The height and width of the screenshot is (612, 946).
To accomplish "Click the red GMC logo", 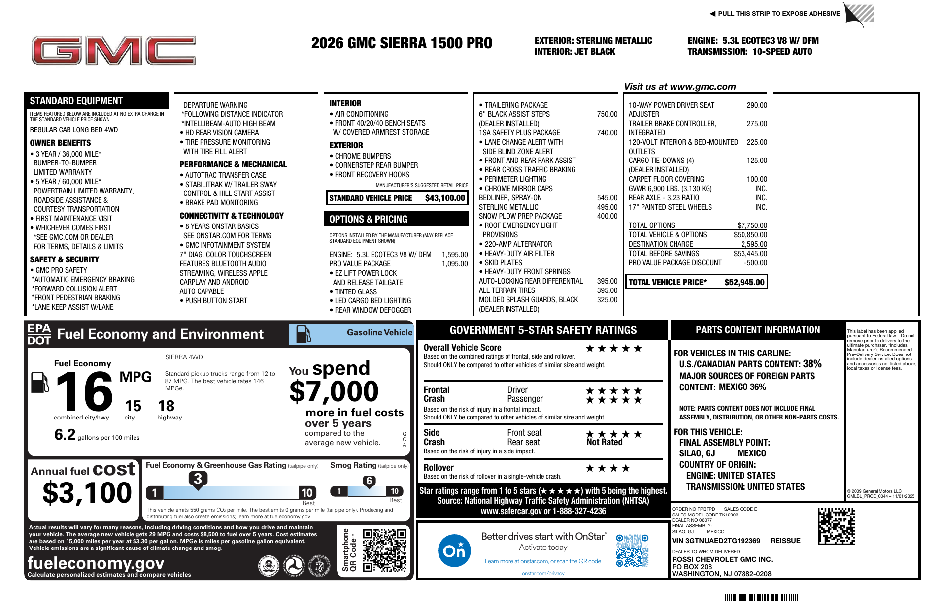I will coord(114,51).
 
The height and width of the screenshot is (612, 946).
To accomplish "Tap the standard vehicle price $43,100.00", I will coord(445,198).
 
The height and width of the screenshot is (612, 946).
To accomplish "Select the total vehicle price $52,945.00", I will coord(744,282).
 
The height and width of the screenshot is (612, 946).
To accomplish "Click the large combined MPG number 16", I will coord(85,391).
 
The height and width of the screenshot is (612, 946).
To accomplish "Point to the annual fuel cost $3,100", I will coord(87,493).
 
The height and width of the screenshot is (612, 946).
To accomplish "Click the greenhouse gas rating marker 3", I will coord(198,479).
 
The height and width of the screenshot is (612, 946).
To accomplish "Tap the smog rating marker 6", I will coord(369,481).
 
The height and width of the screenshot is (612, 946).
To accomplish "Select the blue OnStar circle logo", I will coord(454,550).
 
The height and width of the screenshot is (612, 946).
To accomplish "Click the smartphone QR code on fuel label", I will coord(384,550).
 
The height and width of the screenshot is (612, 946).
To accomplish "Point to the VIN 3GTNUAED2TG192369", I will coord(716,541).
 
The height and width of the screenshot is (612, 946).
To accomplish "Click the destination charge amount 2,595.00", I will coord(754,244).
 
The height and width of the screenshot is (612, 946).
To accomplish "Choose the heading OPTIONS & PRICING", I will coord(369,219).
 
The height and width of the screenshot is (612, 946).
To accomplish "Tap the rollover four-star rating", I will coord(608,468).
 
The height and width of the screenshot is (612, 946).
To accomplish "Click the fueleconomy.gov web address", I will coord(96,563).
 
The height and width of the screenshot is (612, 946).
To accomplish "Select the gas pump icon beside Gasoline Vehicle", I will coord(303,334).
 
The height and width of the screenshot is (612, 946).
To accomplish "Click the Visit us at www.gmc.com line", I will coord(679,87).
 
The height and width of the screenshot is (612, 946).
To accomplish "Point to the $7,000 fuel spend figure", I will coord(334,392).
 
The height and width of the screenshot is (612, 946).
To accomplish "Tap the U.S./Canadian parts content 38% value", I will coord(812,364).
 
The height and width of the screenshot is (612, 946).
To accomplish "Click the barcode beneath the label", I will coord(761,598).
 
